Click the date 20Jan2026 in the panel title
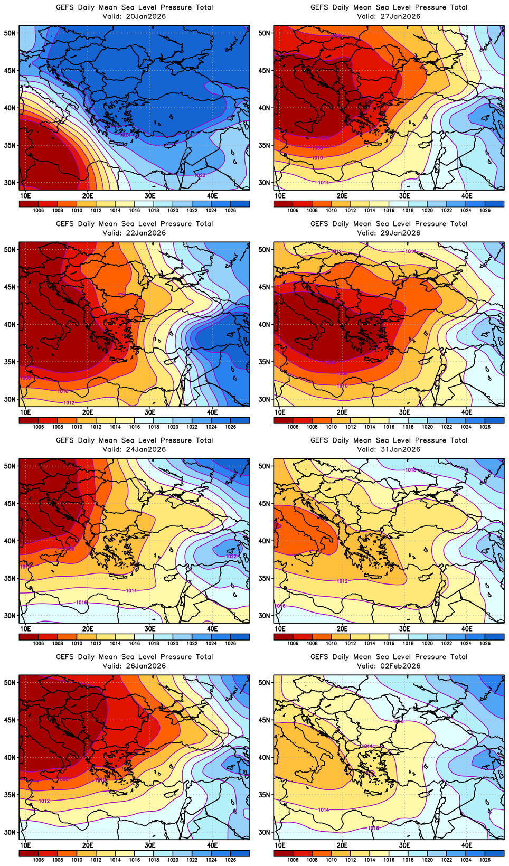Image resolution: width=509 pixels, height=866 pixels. [146, 16]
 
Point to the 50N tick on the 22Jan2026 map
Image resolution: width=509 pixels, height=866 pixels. [11, 249]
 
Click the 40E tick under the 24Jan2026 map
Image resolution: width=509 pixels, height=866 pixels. [212, 629]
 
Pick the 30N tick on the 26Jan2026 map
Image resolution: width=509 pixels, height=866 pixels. [11, 832]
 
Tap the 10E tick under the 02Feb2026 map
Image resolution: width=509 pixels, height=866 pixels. [280, 845]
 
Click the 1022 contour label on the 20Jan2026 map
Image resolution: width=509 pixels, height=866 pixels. [200, 175]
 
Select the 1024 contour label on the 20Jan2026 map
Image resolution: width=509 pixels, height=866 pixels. [125, 135]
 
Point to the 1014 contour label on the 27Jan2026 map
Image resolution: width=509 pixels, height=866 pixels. [324, 183]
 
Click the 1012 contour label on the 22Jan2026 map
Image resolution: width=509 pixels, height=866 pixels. [69, 403]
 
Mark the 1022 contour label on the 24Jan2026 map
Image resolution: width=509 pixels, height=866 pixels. [231, 557]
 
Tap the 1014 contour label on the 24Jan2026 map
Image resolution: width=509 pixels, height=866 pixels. [131, 591]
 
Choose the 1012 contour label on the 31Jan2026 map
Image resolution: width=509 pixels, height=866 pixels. [342, 581]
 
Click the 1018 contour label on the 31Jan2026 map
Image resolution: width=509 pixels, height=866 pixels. [411, 470]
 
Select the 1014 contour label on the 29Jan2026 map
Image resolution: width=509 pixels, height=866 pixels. [411, 251]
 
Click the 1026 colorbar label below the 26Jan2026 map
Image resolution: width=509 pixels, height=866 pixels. [230, 860]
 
